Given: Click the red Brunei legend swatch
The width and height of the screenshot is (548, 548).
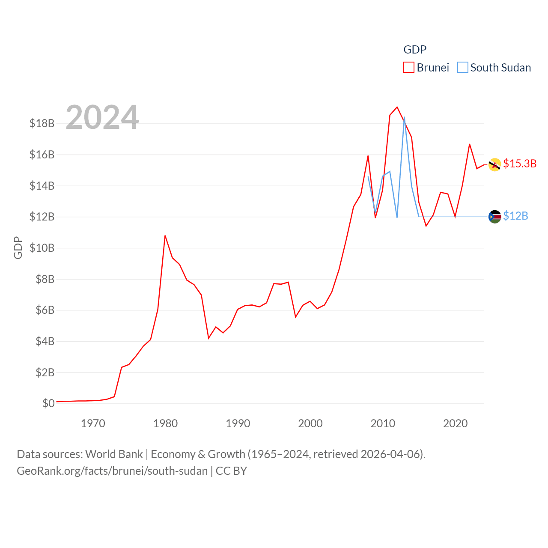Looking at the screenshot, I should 409,68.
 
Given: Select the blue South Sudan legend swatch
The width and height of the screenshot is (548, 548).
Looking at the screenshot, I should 463,68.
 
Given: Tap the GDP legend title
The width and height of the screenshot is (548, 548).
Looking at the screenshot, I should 415,50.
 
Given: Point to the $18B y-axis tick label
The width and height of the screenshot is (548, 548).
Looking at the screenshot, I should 42,124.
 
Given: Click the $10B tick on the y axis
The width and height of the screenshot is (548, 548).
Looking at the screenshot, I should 42,248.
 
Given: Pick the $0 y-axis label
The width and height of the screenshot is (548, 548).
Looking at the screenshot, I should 48,403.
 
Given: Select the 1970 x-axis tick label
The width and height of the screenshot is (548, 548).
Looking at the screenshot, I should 93,424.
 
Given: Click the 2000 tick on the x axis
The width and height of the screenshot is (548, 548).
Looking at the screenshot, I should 310,424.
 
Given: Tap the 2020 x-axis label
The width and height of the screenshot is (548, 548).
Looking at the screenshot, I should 455,424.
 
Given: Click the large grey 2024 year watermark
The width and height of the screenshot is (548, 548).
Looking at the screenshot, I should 102,117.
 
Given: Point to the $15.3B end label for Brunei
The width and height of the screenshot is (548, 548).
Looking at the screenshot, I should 520,164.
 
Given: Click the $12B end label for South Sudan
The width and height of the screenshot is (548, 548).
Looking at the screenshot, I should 515,216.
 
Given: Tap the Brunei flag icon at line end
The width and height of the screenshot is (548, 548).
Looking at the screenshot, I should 495,164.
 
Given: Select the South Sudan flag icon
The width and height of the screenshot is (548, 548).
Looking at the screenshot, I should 495,217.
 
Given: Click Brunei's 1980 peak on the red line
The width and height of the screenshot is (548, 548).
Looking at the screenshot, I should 165,235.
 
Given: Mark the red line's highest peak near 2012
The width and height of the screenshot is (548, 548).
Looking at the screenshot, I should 397,107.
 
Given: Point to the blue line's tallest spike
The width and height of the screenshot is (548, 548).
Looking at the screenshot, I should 404,117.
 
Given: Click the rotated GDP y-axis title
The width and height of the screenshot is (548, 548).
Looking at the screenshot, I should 18,247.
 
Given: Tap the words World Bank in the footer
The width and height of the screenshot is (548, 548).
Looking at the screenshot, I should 114,454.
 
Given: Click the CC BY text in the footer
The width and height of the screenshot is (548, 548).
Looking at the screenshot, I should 231,471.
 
